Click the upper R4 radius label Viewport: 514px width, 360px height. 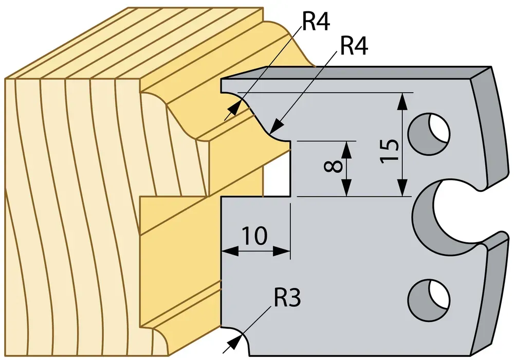[x=316, y=22]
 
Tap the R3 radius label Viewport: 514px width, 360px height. [x=287, y=298]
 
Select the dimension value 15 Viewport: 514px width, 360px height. [x=390, y=150]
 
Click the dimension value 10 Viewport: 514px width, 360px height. [x=255, y=236]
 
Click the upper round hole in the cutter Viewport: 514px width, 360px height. [x=429, y=133]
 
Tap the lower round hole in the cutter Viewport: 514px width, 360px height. [x=429, y=300]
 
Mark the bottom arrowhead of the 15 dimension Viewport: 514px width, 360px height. [x=403, y=188]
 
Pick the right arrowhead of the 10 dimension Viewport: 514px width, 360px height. [x=281, y=251]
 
